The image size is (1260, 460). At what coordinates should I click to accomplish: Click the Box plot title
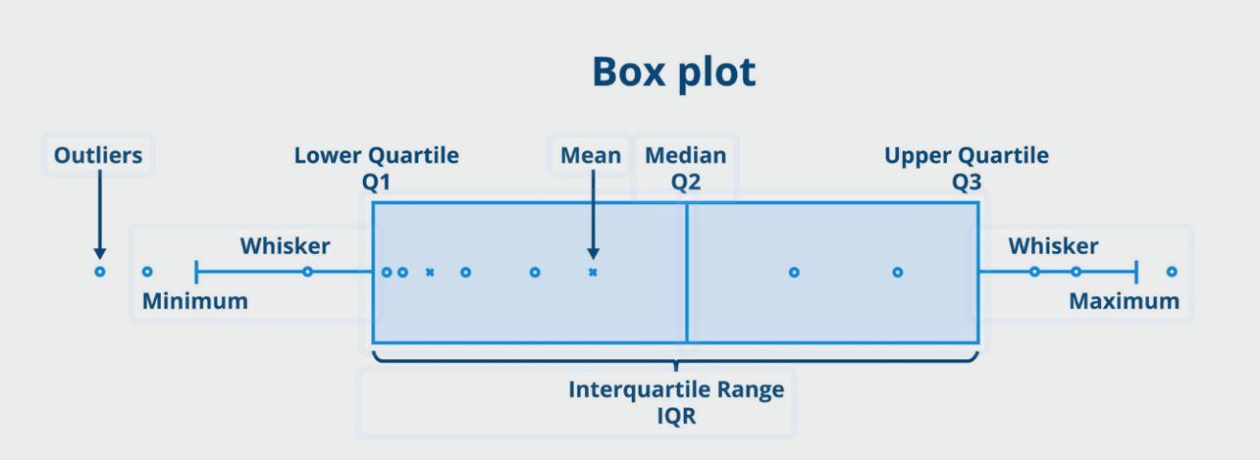tap(674, 73)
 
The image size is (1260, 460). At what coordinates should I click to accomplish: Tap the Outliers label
tap(98, 155)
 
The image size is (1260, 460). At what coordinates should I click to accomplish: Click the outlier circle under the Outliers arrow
tap(100, 272)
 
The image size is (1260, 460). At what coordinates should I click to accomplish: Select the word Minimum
tap(194, 301)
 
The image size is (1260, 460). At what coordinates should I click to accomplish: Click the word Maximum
tap(1124, 301)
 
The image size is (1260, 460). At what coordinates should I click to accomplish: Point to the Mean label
tap(591, 155)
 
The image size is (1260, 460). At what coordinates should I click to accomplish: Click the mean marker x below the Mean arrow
tap(593, 272)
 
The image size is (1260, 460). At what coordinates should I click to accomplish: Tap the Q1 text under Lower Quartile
tap(375, 182)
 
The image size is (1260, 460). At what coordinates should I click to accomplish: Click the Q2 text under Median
tap(686, 182)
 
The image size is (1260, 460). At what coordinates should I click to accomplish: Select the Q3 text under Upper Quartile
tap(966, 182)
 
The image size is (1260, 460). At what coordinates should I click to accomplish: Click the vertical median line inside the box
tap(686, 272)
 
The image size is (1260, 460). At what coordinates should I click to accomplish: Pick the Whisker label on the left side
tap(285, 246)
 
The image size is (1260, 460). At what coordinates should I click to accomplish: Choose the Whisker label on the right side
tap(1053, 246)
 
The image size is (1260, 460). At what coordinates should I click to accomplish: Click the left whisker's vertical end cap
tap(195, 272)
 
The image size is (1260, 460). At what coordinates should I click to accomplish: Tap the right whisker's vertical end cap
tap(1136, 272)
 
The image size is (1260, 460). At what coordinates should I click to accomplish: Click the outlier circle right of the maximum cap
tap(1172, 272)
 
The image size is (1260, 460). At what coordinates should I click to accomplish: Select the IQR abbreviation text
tap(676, 416)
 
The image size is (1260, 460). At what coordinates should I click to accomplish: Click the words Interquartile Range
tap(676, 390)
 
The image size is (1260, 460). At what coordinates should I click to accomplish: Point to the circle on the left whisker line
tap(307, 272)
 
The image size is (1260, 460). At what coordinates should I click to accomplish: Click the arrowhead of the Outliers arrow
tap(100, 253)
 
